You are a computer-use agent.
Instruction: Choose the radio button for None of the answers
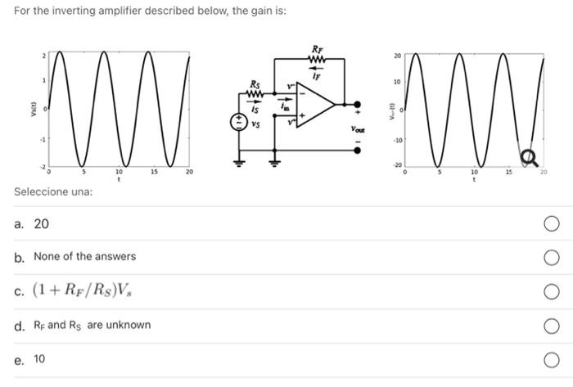point(553,258)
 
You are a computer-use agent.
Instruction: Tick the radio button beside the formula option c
point(553,291)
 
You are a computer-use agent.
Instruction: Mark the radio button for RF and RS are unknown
point(553,326)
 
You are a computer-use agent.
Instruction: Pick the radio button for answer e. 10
point(553,359)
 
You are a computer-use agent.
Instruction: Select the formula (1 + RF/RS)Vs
point(83,290)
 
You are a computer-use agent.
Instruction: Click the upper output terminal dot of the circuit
point(356,104)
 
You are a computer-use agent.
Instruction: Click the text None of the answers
point(85,257)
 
